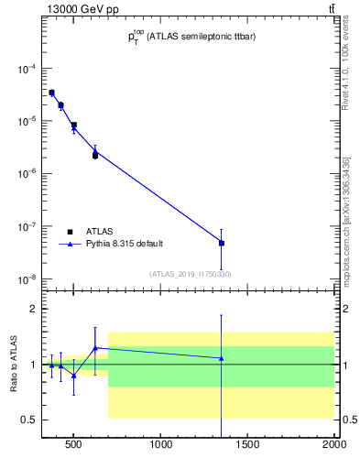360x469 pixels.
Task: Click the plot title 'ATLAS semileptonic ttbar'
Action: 192,38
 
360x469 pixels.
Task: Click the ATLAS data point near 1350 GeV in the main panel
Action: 222,243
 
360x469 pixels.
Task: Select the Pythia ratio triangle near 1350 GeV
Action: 222,358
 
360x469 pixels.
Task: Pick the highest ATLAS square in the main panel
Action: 52,93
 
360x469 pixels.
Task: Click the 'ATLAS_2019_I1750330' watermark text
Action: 190,274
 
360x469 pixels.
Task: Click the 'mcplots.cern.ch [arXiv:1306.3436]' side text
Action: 345,220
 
